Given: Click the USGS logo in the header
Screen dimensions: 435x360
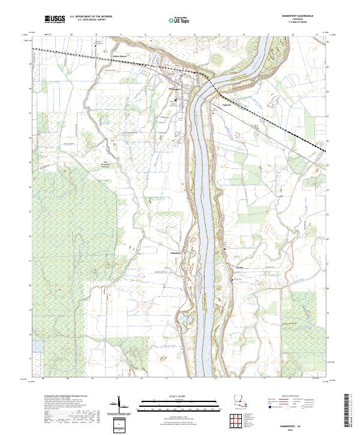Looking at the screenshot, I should click(55, 20).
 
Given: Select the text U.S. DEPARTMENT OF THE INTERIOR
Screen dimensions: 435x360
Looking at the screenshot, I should click(89, 17).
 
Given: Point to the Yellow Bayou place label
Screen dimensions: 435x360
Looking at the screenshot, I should click(121, 58).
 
